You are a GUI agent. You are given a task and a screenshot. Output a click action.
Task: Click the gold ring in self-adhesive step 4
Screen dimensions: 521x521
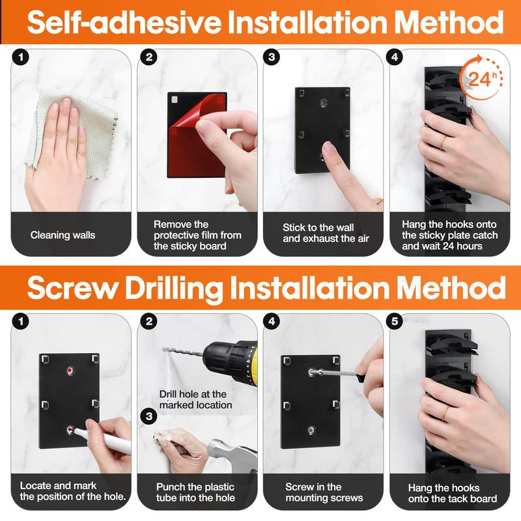442,142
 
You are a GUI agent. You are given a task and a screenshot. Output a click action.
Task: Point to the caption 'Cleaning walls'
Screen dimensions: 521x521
63,234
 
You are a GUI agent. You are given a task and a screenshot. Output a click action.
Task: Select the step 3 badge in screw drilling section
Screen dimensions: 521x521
150,415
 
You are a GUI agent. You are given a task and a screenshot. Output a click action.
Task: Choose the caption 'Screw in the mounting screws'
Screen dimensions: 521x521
323,492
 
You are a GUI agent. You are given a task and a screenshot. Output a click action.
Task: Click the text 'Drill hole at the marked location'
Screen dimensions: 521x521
195,399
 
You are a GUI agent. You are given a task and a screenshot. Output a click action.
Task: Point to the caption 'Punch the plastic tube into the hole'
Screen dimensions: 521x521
195,492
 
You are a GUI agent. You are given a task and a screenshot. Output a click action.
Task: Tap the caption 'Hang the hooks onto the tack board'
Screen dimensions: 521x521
452,493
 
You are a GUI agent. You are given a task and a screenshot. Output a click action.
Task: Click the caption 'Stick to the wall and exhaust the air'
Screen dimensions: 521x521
326,233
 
